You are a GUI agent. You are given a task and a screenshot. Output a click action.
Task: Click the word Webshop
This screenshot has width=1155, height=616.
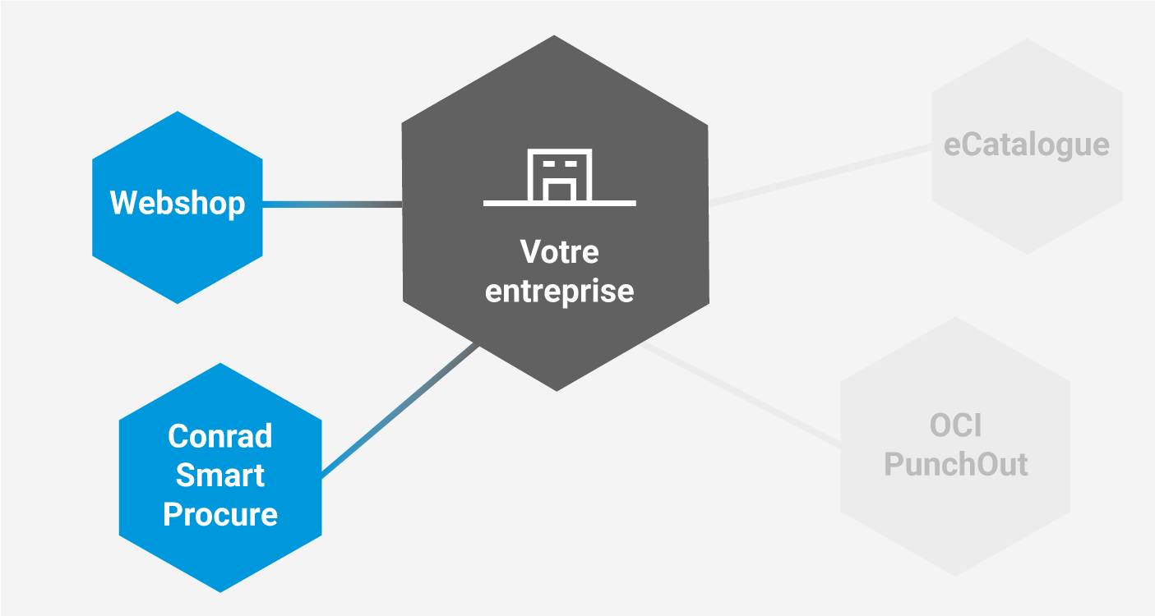pyautogui.click(x=178, y=202)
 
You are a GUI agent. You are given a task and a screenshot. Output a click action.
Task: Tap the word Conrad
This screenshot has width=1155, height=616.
pyautogui.click(x=219, y=436)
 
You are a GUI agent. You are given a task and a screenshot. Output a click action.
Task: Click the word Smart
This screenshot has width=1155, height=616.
pyautogui.click(x=219, y=476)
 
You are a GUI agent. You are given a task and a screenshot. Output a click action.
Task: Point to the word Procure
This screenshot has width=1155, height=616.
pyautogui.click(x=219, y=515)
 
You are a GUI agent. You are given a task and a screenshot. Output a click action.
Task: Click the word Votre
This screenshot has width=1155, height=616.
pyautogui.click(x=559, y=252)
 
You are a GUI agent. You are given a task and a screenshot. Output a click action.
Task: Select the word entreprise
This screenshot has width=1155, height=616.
pyautogui.click(x=559, y=292)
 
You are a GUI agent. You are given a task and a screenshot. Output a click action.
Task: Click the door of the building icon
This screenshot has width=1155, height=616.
pyautogui.click(x=559, y=191)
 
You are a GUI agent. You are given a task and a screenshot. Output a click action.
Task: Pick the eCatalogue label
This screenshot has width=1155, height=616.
pyautogui.click(x=1026, y=145)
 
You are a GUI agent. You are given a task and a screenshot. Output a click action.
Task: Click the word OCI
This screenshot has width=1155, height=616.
pyautogui.click(x=956, y=425)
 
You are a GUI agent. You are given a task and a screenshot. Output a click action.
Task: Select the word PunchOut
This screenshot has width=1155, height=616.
pyautogui.click(x=956, y=464)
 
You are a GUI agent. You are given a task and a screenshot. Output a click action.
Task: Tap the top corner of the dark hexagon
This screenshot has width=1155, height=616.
pyautogui.click(x=555, y=37)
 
